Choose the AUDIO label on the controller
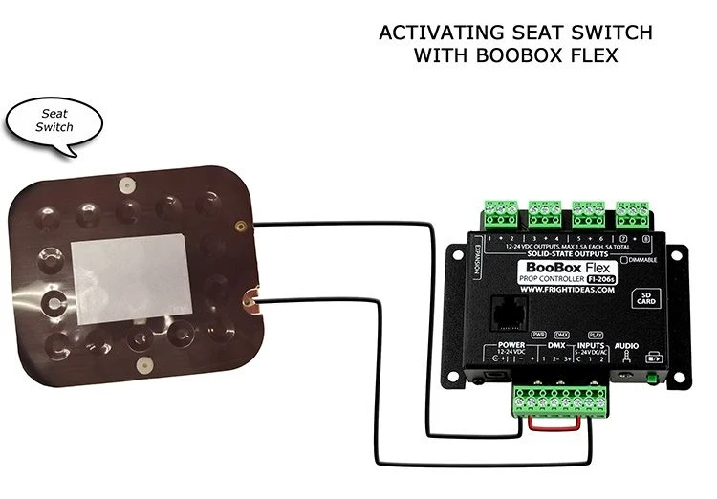(627, 344)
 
